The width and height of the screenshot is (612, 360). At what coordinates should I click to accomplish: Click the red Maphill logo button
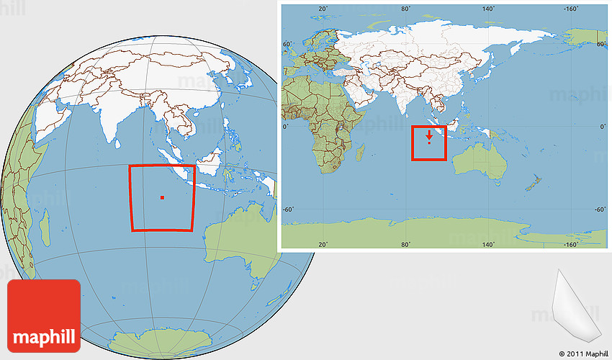tap(44, 315)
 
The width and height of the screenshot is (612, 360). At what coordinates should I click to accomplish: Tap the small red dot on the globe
tap(163, 197)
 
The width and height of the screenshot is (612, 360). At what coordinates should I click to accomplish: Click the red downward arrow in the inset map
tap(429, 135)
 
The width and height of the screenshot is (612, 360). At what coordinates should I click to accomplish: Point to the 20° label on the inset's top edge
tap(323, 9)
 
